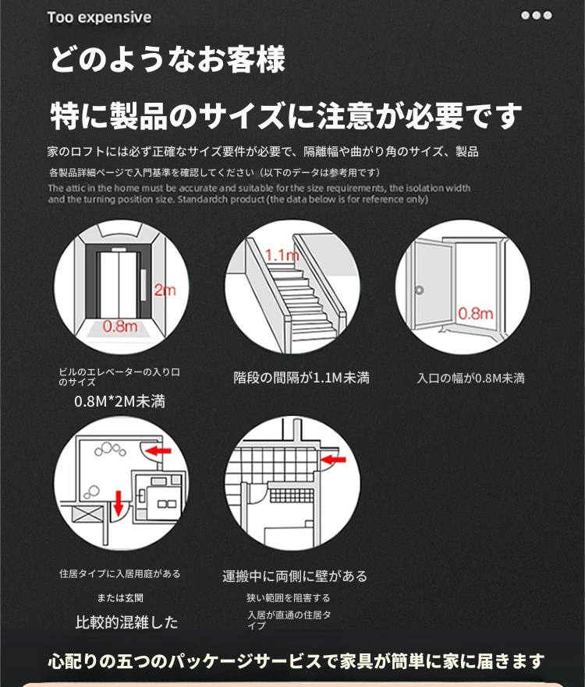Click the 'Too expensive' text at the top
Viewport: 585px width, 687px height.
[99, 17]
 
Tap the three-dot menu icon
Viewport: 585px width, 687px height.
[537, 16]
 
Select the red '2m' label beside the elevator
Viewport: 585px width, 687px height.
[165, 290]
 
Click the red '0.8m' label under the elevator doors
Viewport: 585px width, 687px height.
[120, 326]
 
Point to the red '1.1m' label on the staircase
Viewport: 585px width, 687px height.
[282, 255]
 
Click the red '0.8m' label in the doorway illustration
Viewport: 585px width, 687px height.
[476, 313]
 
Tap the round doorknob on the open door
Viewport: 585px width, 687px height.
[419, 290]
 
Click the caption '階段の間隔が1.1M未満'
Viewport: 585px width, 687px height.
[302, 378]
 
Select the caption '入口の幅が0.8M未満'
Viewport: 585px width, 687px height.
[471, 378]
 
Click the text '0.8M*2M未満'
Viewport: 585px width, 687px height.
[119, 401]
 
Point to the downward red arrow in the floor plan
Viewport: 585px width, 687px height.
[118, 503]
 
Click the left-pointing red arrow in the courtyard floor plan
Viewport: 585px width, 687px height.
[158, 450]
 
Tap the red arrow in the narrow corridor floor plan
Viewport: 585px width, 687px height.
[333, 460]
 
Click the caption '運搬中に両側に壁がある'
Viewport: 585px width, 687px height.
[295, 576]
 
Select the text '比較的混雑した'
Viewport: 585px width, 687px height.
[126, 622]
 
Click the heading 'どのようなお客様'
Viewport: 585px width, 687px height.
[168, 59]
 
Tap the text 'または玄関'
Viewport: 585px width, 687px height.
[120, 598]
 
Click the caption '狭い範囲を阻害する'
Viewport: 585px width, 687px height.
[289, 598]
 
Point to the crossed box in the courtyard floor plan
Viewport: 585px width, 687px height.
[88, 513]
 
